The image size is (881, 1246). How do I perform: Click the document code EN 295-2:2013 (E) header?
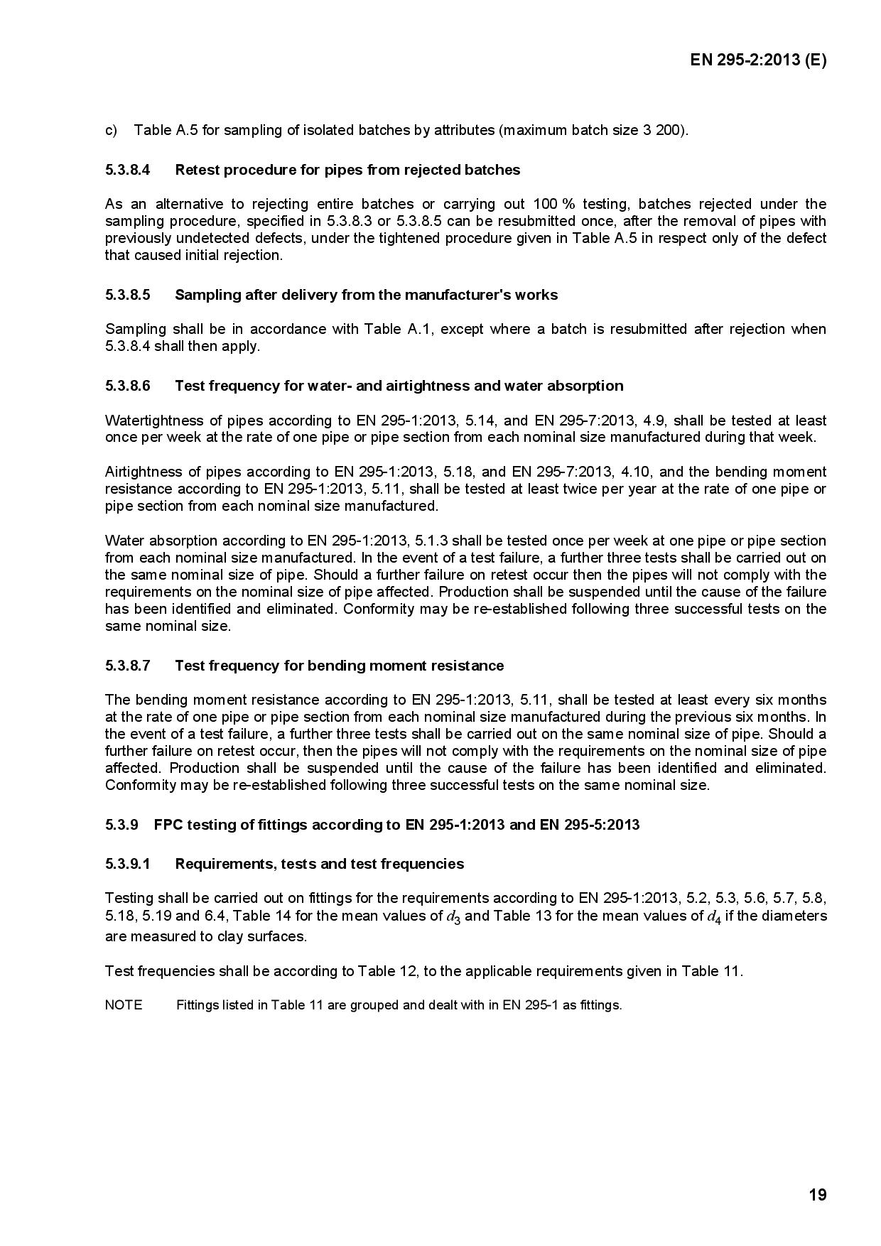(x=758, y=60)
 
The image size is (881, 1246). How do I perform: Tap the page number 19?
(x=818, y=1195)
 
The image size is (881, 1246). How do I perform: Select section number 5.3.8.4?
(x=128, y=170)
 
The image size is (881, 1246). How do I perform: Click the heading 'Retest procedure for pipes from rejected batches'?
(x=347, y=170)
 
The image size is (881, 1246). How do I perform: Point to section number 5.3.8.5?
(x=128, y=295)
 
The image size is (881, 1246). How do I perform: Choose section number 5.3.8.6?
(x=128, y=386)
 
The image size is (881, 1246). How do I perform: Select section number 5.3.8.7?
(x=128, y=666)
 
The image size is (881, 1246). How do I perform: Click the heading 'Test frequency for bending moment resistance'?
(x=340, y=666)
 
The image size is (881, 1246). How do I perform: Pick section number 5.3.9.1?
(x=128, y=864)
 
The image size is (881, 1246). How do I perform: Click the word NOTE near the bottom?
(x=124, y=1005)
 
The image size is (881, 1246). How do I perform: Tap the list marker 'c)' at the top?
(x=111, y=131)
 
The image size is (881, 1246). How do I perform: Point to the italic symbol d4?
(x=714, y=917)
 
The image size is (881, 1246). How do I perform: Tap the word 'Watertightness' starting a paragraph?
(x=146, y=421)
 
